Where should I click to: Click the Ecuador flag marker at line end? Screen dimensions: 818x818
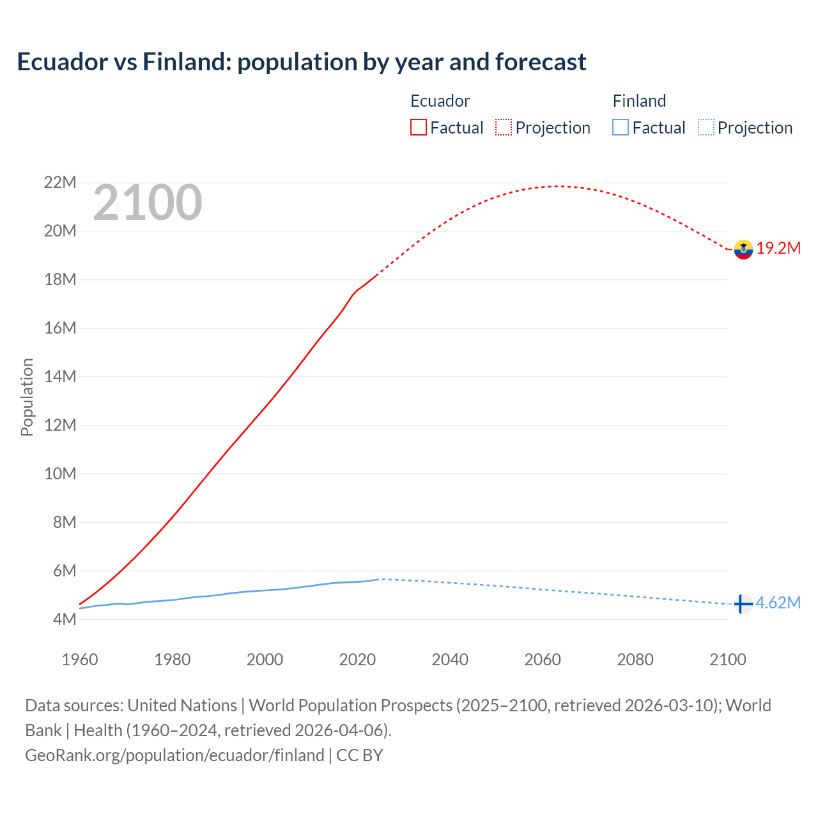(743, 249)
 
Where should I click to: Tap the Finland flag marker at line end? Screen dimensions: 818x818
(743, 604)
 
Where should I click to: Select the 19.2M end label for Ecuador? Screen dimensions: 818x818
(778, 249)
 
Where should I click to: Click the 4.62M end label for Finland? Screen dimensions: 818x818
(778, 603)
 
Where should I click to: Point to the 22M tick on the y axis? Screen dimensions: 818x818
(60, 183)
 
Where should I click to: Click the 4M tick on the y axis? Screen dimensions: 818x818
(64, 619)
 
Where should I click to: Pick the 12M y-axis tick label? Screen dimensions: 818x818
(60, 425)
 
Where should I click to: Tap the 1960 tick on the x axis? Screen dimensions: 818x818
(80, 660)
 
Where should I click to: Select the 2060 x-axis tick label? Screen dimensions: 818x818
(543, 660)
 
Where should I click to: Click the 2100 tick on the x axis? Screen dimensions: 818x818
(727, 660)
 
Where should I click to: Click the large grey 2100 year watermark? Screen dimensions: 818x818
(148, 203)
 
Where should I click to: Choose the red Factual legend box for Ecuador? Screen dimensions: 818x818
(419, 128)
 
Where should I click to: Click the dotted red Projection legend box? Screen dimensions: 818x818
(504, 128)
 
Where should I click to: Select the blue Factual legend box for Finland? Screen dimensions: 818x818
(621, 128)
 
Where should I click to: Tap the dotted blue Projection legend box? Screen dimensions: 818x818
(706, 128)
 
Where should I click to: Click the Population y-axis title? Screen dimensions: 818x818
(27, 397)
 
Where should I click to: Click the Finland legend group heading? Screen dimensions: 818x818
(639, 101)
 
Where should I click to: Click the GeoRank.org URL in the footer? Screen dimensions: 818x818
(174, 755)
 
